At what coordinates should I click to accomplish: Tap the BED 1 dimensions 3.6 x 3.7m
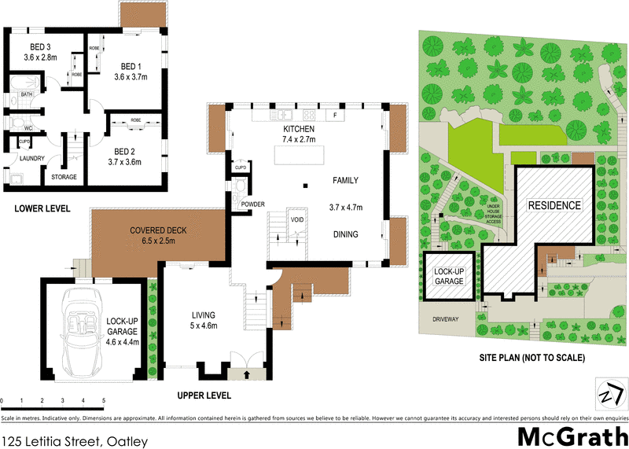[x=131, y=77]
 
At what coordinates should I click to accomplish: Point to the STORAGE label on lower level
[x=64, y=177]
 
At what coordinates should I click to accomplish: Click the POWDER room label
[x=252, y=204]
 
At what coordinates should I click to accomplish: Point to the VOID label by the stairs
[x=297, y=219]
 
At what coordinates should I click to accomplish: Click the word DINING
[x=345, y=234]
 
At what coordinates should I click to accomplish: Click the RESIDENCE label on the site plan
[x=554, y=206]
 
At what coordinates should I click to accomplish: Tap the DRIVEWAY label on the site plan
[x=445, y=319]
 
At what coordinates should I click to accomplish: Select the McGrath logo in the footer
[x=572, y=436]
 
